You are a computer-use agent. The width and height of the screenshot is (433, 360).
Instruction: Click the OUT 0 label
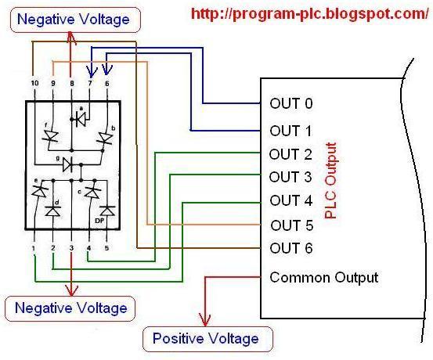pyautogui.click(x=290, y=103)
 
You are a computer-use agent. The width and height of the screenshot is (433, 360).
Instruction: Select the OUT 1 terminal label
pyautogui.click(x=290, y=130)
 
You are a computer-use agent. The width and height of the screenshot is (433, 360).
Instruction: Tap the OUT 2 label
pyautogui.click(x=290, y=154)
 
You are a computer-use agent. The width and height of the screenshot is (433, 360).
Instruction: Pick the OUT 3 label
pyautogui.click(x=290, y=177)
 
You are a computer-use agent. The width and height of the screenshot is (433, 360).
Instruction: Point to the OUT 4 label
pyautogui.click(x=290, y=200)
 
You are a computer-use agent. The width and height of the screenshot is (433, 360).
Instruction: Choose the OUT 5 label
pyautogui.click(x=292, y=225)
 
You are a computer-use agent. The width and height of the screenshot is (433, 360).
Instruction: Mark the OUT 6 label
pyautogui.click(x=290, y=249)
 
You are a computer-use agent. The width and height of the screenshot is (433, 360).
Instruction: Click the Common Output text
pyautogui.click(x=323, y=277)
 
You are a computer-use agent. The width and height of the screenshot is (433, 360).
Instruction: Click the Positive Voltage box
pyautogui.click(x=205, y=339)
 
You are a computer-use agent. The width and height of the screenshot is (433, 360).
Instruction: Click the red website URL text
pyautogui.click(x=305, y=14)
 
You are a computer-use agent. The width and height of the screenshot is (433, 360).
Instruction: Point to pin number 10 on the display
pyautogui.click(x=34, y=82)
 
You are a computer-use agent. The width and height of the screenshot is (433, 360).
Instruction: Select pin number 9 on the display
pyautogui.click(x=52, y=82)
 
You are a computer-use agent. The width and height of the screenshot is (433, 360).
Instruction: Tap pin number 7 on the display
pyautogui.click(x=89, y=82)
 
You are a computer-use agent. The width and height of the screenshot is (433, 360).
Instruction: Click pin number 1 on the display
pyautogui.click(x=34, y=248)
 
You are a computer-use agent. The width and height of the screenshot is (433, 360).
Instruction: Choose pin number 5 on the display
pyautogui.click(x=107, y=248)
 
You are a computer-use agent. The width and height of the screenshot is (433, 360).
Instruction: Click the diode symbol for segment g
pyautogui.click(x=71, y=164)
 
